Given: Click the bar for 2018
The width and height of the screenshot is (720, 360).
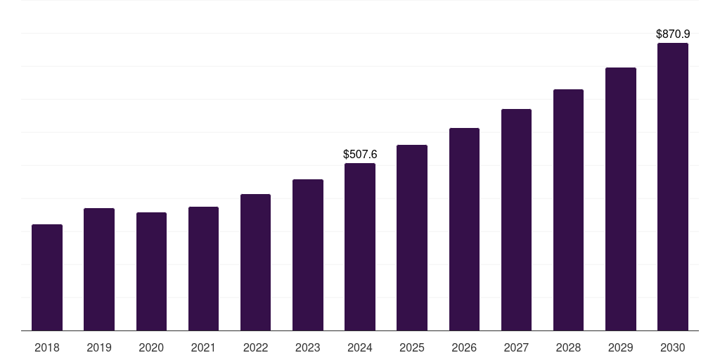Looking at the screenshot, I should coord(47,278).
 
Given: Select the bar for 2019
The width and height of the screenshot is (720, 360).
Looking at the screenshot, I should coord(99,269).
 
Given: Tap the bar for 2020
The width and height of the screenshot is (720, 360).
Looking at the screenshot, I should coord(151,271).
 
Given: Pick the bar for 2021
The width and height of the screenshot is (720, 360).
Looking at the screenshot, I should coord(203,269).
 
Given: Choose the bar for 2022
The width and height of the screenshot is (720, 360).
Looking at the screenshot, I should coord(255,262).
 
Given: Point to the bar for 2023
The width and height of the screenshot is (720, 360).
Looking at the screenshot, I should coord(308,255).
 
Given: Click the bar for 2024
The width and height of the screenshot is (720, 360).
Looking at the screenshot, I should coord(360,247).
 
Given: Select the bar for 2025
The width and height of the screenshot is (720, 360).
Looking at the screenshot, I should coord(412,238).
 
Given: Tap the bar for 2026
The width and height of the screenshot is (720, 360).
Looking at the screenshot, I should coord(464,229).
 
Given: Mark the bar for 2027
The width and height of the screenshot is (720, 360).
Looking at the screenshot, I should coord(516,220).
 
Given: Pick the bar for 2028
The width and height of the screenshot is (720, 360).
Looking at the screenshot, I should coord(568,210).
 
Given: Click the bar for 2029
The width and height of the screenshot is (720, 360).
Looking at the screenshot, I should coord(621,199).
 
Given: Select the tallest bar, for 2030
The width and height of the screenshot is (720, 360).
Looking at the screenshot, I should coord(673,187).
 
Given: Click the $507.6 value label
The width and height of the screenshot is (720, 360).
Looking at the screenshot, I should coord(360,154).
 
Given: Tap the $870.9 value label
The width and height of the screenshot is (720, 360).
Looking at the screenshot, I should coord(673,34).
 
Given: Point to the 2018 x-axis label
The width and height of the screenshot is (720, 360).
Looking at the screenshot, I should coord(47,347).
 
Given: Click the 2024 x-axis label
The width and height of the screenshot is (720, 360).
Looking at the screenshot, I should coord(360,347).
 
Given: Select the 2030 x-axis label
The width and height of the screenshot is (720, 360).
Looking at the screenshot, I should coord(673,347).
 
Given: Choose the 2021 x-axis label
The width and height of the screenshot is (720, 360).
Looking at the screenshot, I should coord(203,347).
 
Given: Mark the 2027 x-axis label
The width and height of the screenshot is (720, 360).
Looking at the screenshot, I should coord(516,347).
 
